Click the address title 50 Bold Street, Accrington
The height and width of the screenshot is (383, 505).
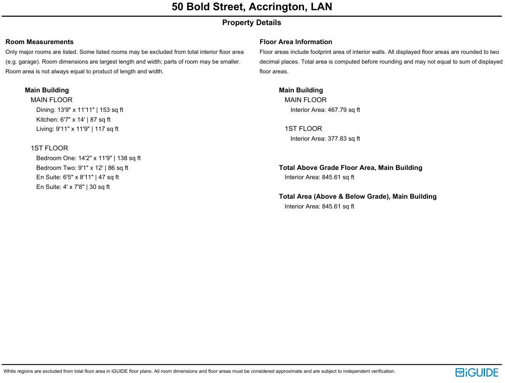[x=252, y=7]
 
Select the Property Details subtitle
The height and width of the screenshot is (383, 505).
[x=252, y=23]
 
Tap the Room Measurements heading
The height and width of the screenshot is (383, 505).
[x=39, y=42]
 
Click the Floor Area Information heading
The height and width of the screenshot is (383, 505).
[x=296, y=42]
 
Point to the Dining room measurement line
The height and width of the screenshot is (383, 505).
[x=79, y=110]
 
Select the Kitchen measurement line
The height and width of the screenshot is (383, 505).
[x=73, y=120]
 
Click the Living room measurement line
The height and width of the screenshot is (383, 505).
[x=77, y=129]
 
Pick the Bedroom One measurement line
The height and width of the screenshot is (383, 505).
[x=88, y=158]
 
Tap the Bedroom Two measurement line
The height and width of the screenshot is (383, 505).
[x=82, y=168]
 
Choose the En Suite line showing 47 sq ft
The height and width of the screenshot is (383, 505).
[x=78, y=177]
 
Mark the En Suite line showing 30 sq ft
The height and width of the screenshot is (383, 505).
[x=73, y=187]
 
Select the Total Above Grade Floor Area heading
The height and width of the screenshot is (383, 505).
[x=350, y=168]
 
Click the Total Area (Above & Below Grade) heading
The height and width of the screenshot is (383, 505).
[x=357, y=196]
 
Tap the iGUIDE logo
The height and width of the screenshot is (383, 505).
[x=477, y=372]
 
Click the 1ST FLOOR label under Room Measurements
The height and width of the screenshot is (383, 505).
[x=49, y=148]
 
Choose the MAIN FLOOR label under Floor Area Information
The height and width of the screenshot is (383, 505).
[x=305, y=100]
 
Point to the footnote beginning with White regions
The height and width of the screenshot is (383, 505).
[x=200, y=371]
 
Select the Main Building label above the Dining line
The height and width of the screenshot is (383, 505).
[x=47, y=90]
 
